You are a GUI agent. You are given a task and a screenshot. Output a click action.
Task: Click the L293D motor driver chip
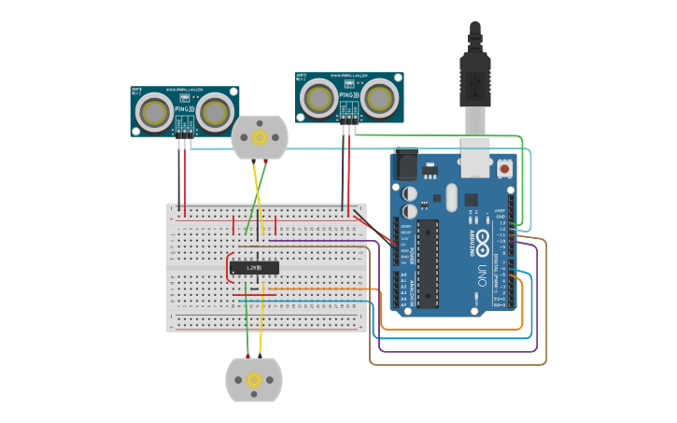coord(254,267)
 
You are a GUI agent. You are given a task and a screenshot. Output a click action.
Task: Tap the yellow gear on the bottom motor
coord(253,380)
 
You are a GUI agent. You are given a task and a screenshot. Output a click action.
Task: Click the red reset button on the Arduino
coord(505,169)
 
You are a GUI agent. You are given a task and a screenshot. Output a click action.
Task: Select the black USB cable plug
coord(474,75)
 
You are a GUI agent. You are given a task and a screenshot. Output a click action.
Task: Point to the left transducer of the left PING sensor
coord(154,112)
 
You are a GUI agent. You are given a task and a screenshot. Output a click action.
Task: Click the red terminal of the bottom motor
coord(247,358)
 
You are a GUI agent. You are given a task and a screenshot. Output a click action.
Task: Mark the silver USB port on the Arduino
coord(477,161)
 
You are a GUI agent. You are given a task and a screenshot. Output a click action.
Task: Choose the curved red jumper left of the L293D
coord(228,266)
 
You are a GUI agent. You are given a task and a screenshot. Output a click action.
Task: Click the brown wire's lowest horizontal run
coord(458,363)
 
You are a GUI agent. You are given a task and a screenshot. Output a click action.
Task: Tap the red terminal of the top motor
coord(253,161)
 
